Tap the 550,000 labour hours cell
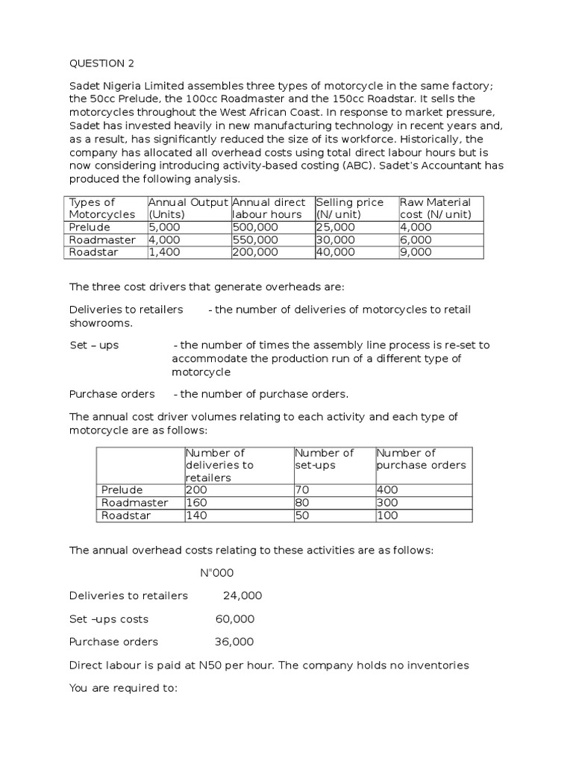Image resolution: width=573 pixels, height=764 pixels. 256,240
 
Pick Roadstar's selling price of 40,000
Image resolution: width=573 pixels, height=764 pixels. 336,252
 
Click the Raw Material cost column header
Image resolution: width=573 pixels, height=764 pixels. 436,208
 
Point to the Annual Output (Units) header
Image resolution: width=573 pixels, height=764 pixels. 189,208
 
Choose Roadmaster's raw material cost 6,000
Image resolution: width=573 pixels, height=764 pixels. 416,240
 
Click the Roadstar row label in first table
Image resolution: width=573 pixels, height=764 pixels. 94,252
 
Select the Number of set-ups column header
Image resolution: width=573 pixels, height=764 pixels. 325,459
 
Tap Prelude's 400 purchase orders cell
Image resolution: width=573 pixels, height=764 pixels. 388,490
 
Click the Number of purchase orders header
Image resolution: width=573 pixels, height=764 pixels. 422,459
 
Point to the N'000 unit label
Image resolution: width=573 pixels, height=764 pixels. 218,573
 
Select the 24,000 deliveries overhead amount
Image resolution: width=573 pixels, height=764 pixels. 242,595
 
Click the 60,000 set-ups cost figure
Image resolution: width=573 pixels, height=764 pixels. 235,619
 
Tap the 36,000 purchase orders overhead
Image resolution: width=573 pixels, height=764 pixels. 234,642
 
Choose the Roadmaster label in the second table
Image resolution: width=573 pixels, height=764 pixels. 135,503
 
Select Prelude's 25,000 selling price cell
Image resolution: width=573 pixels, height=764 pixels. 336,228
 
